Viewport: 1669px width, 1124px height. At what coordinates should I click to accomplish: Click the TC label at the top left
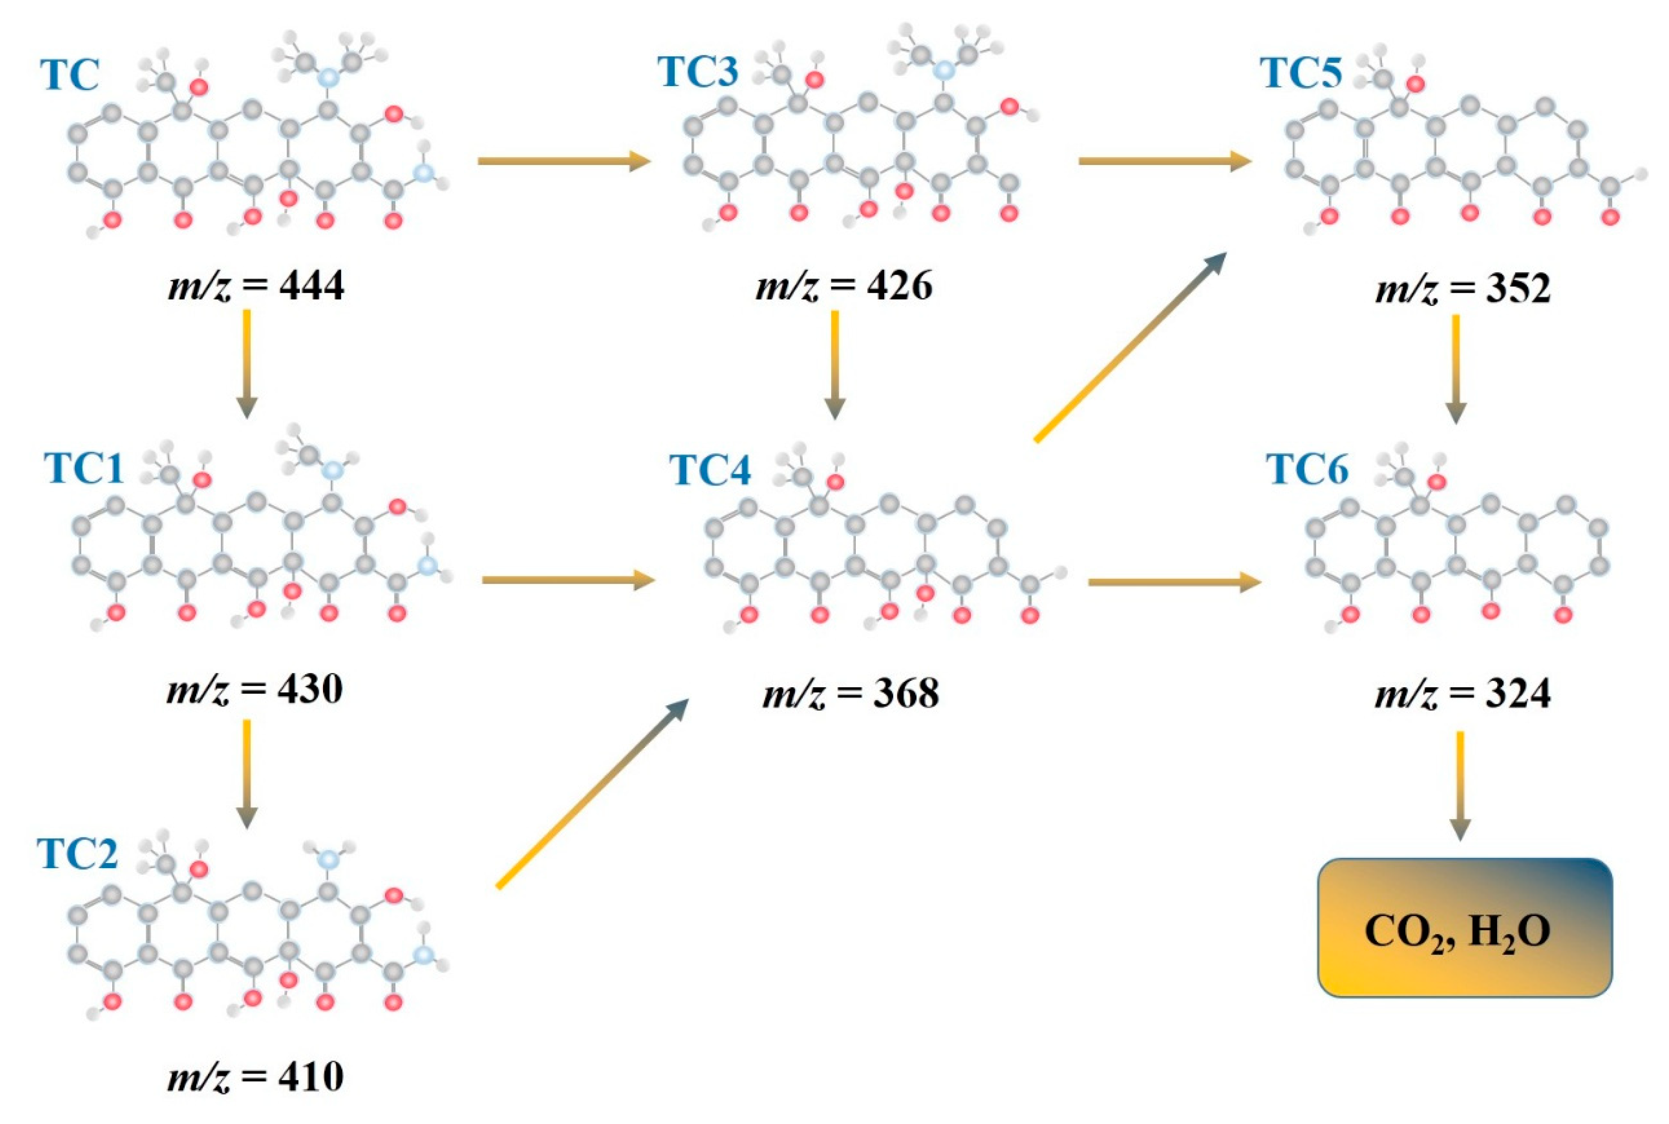pos(70,74)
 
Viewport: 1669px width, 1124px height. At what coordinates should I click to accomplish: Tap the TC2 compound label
pos(77,854)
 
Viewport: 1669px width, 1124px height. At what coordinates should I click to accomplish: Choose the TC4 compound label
pos(709,470)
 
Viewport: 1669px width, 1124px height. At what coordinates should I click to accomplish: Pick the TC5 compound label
pos(1301,73)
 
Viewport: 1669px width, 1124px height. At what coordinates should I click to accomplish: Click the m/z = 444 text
pos(256,285)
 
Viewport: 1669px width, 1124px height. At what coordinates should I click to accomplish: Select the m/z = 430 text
pos(254,689)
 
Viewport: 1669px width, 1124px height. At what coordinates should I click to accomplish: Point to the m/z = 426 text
pos(843,285)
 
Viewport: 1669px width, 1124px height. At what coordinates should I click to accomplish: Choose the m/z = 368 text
pos(850,693)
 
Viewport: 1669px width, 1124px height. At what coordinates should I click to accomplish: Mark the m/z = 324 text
pos(1463,693)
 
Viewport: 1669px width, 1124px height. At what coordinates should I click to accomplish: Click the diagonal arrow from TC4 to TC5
pos(1130,347)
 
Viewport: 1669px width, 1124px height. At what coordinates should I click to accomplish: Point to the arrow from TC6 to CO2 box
pos(1460,786)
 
